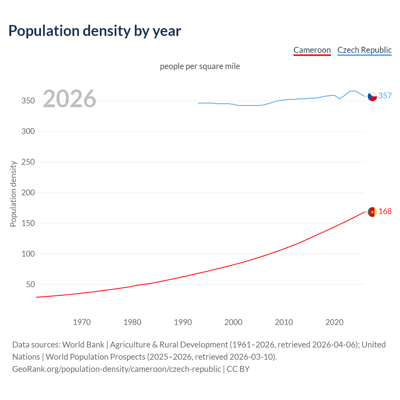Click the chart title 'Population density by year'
click(95, 31)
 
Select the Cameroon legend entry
click(312, 50)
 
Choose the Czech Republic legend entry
click(364, 50)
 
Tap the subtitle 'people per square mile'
click(200, 66)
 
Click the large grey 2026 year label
click(69, 99)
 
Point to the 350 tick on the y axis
click(28, 101)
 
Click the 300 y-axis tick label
click(28, 131)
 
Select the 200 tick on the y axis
click(28, 192)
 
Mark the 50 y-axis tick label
click(30, 284)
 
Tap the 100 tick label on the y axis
click(28, 254)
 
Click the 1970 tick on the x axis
click(82, 322)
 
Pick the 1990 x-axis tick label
click(183, 322)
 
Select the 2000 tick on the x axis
click(233, 322)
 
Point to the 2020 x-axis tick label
click(334, 322)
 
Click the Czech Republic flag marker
click(372, 96)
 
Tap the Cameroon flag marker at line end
click(372, 212)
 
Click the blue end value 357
click(385, 96)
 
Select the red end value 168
click(385, 212)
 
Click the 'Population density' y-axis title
click(13, 194)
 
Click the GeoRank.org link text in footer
click(116, 369)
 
